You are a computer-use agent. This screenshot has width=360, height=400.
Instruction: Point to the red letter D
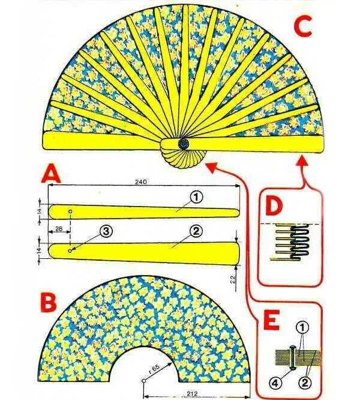274,207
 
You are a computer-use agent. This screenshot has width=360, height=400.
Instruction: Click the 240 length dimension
142,181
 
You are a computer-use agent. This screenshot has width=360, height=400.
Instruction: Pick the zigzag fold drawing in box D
292,240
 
